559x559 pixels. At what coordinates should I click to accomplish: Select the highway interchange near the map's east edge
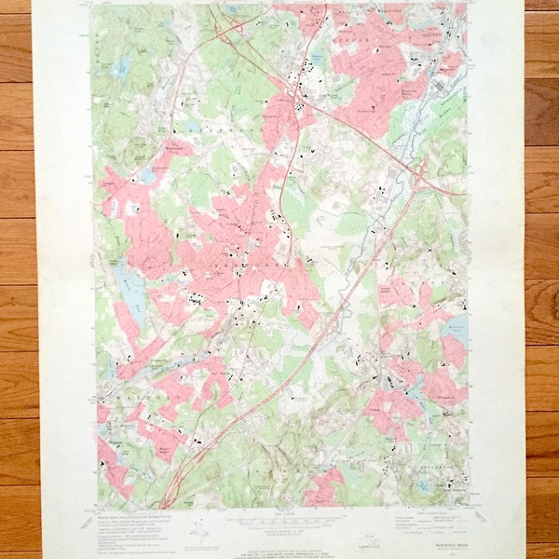point(421,175)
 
